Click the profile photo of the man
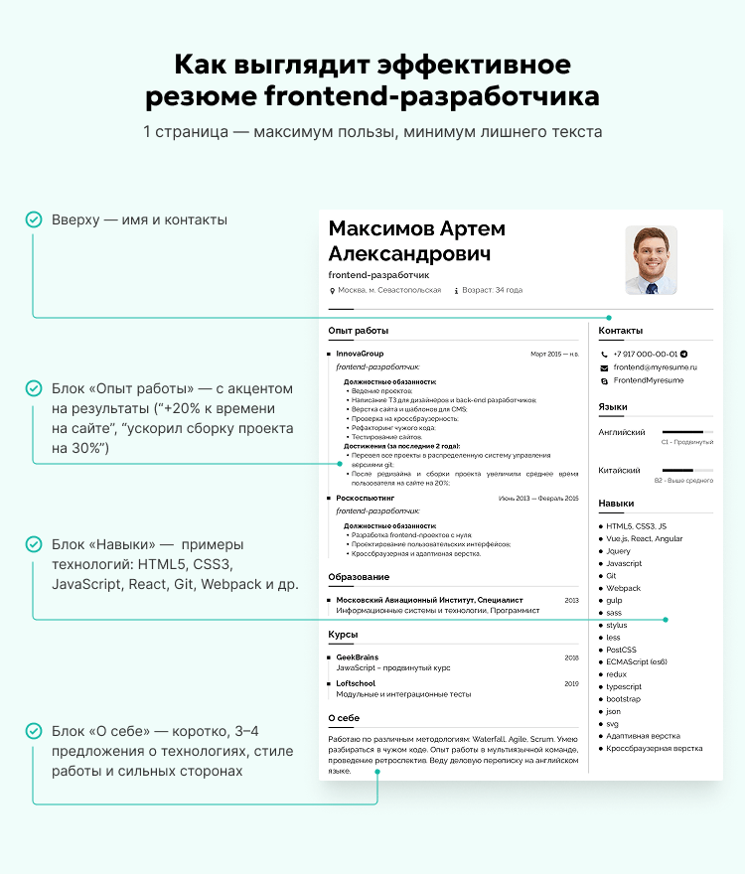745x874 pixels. tap(651, 260)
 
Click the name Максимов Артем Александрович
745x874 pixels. tap(416, 241)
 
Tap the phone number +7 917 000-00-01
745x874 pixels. tap(646, 354)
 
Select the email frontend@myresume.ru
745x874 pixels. tap(655, 367)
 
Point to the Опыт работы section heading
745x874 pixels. tap(358, 331)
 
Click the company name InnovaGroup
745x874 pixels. tap(360, 354)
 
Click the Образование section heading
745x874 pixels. tap(359, 577)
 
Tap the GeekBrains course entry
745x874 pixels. tap(357, 657)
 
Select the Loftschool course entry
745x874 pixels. tap(356, 683)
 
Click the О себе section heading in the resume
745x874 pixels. tap(344, 718)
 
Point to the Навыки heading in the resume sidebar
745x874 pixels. tap(616, 504)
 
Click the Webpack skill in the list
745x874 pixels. tap(624, 588)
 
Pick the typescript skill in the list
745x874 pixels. tap(624, 686)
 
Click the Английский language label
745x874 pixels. tap(622, 432)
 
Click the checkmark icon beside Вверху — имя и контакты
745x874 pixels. tap(34, 219)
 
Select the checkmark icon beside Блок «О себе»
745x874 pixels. tap(34, 731)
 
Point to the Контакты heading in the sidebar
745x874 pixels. tap(620, 331)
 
